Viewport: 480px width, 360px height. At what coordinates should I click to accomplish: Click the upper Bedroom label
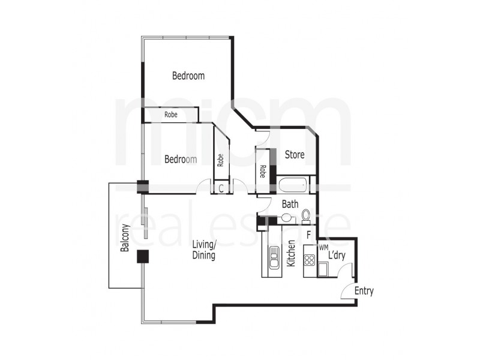(188, 76)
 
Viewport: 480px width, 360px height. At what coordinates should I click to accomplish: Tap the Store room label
(295, 155)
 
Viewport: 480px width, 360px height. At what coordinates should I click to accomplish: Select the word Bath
(290, 204)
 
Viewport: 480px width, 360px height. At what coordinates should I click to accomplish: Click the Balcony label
(125, 238)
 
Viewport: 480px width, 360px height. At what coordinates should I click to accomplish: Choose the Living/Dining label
(204, 250)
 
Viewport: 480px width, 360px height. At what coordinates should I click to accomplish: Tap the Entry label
(364, 291)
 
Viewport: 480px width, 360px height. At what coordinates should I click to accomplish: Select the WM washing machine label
(323, 247)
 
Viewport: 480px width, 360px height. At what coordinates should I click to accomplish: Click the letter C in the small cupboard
(221, 188)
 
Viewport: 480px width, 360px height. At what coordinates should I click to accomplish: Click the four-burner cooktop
(310, 260)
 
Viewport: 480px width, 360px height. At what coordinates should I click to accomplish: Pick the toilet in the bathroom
(307, 215)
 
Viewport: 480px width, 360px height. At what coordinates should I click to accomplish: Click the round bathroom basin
(287, 217)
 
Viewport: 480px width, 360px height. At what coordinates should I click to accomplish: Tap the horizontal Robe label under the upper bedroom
(171, 115)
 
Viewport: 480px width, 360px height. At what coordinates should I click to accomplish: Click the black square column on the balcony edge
(143, 256)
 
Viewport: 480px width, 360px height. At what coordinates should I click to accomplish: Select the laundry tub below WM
(323, 269)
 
